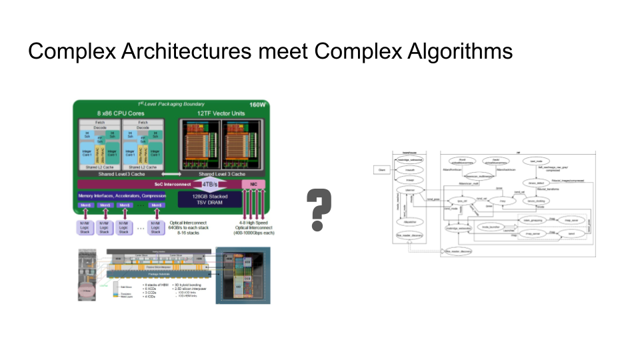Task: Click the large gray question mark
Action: point(320,209)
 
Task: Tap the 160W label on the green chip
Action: point(257,105)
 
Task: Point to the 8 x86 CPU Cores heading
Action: point(121,113)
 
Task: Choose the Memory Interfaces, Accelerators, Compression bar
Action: point(122,195)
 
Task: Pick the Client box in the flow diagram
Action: point(383,170)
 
